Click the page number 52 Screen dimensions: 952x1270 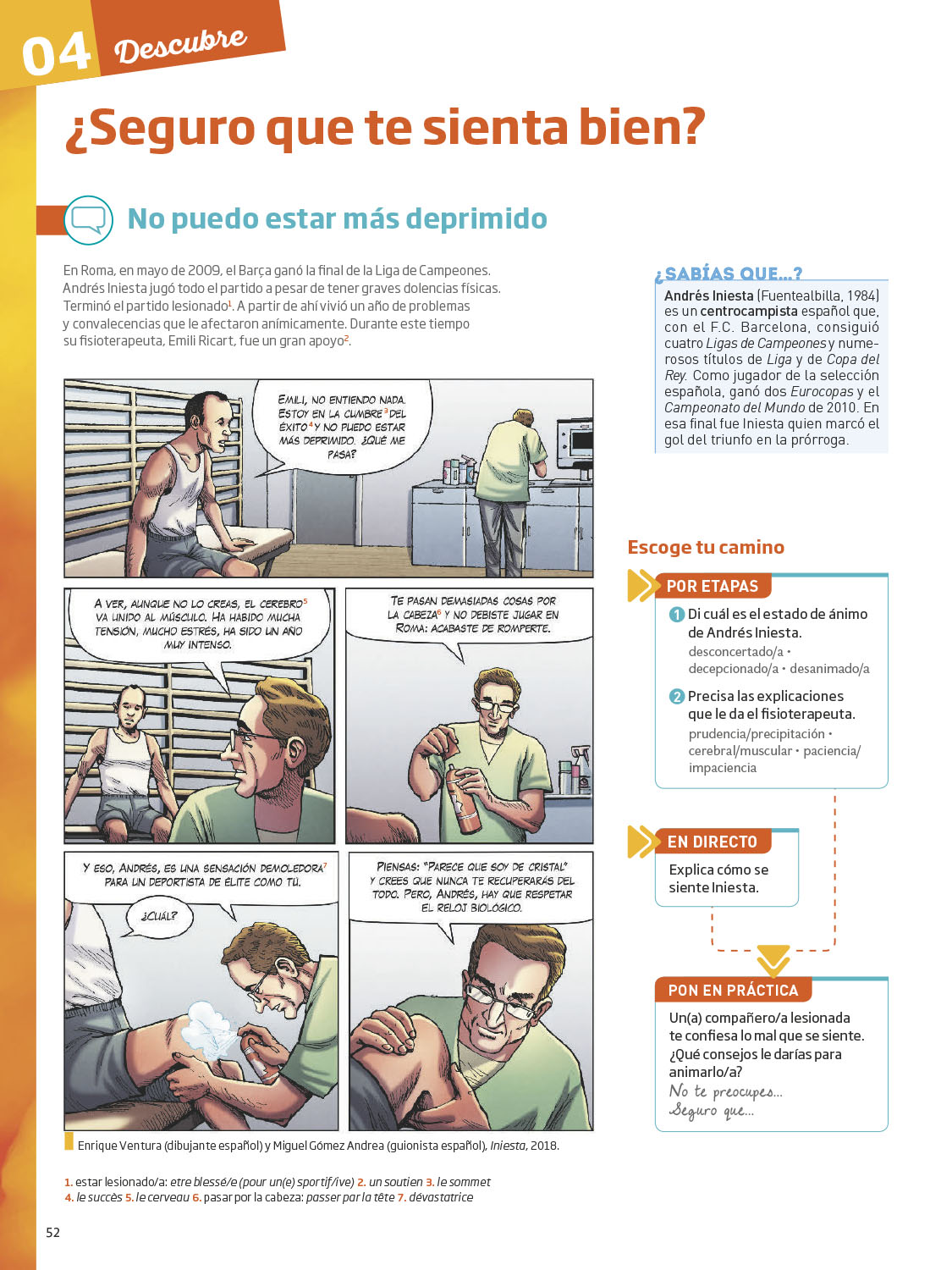tap(52, 1233)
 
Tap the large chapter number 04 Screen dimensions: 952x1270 tap(56, 54)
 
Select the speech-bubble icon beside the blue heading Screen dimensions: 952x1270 tap(88, 220)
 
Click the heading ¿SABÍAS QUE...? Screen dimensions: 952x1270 tap(729, 273)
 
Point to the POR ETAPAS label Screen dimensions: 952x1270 tap(713, 586)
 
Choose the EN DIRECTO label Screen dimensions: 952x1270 tap(713, 842)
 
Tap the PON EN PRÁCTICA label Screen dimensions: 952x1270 tap(733, 990)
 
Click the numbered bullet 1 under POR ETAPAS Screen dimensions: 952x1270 tap(676, 615)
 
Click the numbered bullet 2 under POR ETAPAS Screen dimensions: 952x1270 tap(676, 697)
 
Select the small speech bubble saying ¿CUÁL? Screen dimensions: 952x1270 tap(158, 917)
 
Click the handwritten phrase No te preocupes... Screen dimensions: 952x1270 tap(725, 1092)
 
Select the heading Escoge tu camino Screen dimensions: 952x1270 tap(706, 547)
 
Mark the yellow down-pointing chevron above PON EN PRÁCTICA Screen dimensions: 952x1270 tap(773, 961)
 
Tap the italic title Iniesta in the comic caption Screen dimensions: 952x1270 tap(507, 1146)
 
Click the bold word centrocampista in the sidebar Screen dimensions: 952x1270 tap(749, 312)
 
